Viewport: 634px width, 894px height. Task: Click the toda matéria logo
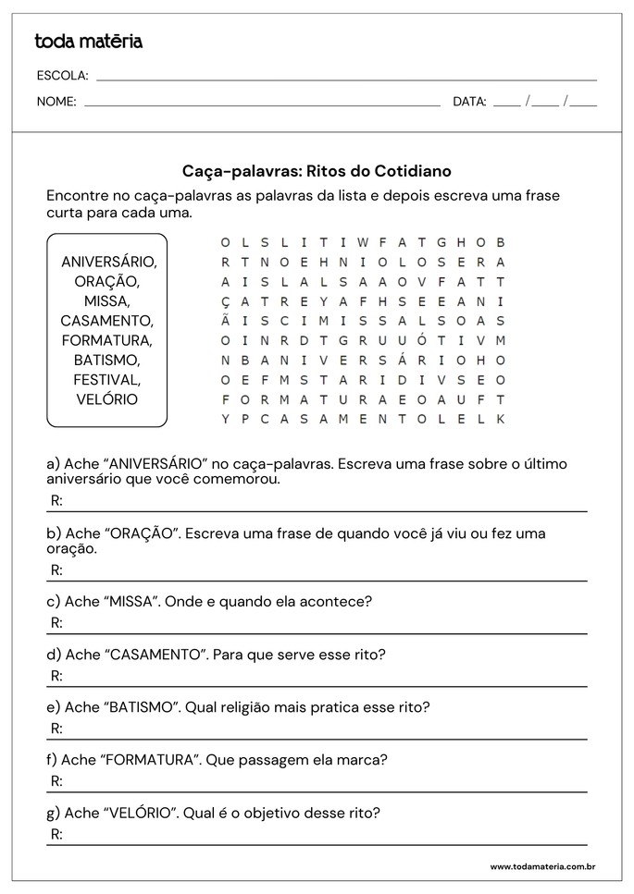pyautogui.click(x=88, y=42)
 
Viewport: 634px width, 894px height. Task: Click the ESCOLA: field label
pyautogui.click(x=62, y=76)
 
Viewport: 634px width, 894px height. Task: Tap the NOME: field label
pyautogui.click(x=56, y=103)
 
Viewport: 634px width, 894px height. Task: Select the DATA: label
pyautogui.click(x=469, y=103)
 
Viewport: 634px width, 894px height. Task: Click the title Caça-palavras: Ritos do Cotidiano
pyautogui.click(x=317, y=172)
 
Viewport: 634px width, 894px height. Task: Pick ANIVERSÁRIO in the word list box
pyautogui.click(x=108, y=262)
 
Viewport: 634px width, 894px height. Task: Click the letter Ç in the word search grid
pyautogui.click(x=224, y=301)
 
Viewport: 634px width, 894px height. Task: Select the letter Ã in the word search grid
pyautogui.click(x=224, y=320)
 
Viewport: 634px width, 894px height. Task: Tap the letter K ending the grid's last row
pyautogui.click(x=501, y=419)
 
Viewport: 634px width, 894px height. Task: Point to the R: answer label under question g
pyautogui.click(x=56, y=834)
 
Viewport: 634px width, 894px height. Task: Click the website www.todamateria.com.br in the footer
pyautogui.click(x=541, y=866)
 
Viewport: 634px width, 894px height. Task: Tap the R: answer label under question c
pyautogui.click(x=56, y=622)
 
